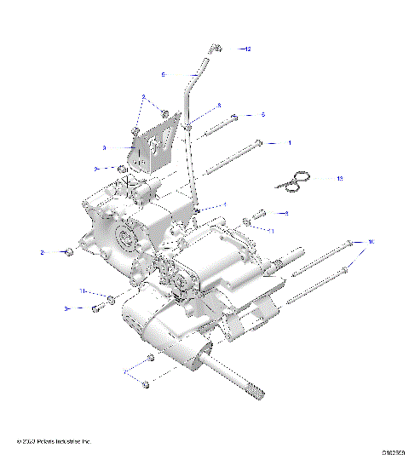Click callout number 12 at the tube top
(248, 49)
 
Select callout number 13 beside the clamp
(339, 180)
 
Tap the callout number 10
(371, 243)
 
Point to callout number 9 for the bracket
(128, 147)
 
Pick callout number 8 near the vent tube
(219, 106)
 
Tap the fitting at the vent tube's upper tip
(217, 49)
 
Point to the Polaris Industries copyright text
(53, 441)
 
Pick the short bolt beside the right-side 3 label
(260, 214)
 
